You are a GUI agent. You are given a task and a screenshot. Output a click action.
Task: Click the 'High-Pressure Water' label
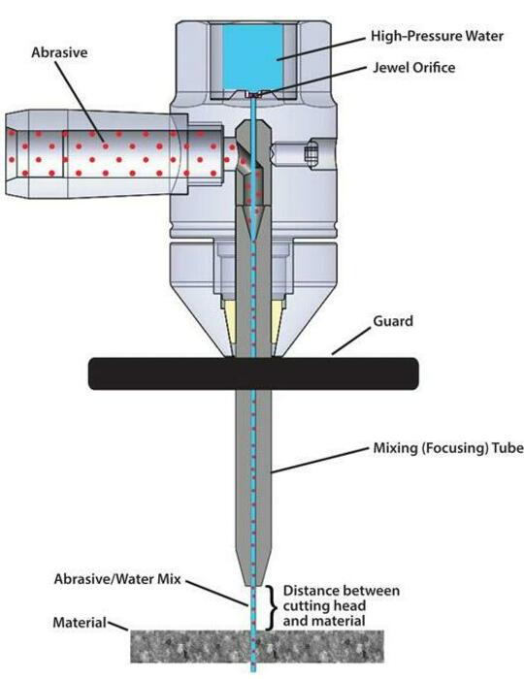point(437,37)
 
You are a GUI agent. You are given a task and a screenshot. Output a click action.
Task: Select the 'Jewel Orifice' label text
point(414,68)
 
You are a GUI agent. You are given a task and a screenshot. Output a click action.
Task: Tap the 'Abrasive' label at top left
point(59,52)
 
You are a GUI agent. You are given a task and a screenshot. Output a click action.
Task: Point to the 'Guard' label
point(393,321)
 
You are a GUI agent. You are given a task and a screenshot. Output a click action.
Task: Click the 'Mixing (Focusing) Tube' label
point(448,448)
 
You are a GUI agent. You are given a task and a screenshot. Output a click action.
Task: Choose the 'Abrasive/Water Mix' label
point(117,579)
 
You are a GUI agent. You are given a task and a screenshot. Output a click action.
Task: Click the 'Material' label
point(80,623)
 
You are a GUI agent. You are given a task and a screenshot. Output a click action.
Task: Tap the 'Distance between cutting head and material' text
point(341,606)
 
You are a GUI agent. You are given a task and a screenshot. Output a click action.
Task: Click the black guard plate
point(254,373)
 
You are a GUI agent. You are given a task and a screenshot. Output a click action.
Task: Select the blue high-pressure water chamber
point(253,56)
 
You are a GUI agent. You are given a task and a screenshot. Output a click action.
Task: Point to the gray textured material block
point(257,646)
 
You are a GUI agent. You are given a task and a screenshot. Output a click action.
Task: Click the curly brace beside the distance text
point(271,607)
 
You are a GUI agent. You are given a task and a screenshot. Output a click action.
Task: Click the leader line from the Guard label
point(351,341)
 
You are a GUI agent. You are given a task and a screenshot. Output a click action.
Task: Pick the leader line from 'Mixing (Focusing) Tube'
point(320,460)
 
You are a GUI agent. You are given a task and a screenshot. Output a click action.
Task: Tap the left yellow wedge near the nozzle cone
point(230,320)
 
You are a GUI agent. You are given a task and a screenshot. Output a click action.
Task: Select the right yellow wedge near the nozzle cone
point(277,320)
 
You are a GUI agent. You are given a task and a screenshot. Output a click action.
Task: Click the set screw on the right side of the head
point(311,153)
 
